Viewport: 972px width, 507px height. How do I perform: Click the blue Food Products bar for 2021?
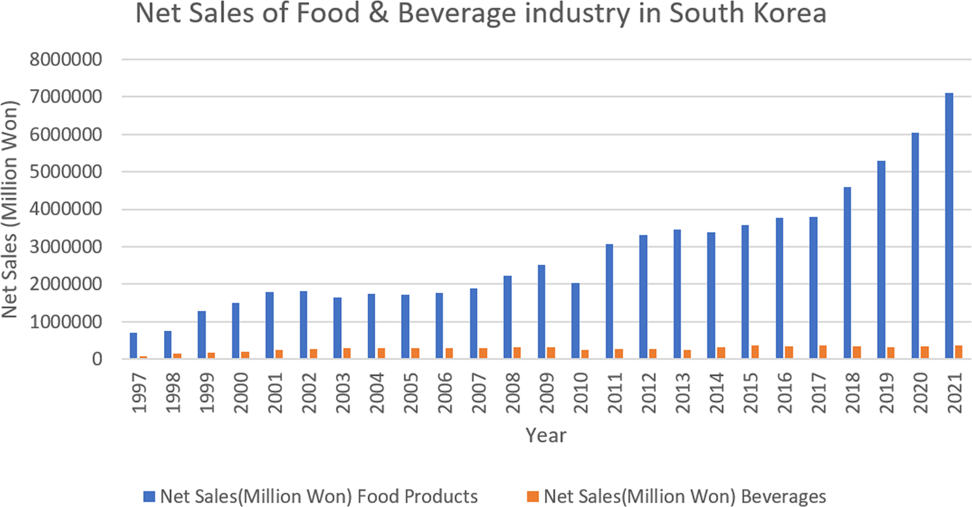(x=949, y=226)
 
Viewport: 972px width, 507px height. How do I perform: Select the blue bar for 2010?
(x=576, y=321)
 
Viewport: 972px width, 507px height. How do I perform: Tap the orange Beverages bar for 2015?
(x=755, y=351)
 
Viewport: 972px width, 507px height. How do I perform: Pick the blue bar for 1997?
(x=133, y=346)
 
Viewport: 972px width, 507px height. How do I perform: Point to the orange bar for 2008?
(x=517, y=353)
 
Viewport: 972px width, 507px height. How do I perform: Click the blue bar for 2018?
(x=848, y=273)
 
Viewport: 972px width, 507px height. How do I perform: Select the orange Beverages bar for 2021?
(x=958, y=351)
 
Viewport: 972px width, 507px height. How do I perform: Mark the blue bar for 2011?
(x=609, y=301)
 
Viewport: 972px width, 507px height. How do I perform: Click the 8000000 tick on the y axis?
(x=66, y=59)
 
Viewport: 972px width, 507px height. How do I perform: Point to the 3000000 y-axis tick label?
(x=66, y=247)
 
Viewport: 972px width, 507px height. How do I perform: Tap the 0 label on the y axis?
(x=97, y=359)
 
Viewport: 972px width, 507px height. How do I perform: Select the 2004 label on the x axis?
(x=377, y=393)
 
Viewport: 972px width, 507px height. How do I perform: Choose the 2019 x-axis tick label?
(x=886, y=393)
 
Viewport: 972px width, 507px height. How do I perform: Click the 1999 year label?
(x=207, y=393)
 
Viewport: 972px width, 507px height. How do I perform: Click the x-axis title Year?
(x=546, y=435)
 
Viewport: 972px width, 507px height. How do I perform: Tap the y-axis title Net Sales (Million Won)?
(x=10, y=209)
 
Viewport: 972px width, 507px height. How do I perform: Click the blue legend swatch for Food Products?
(x=149, y=497)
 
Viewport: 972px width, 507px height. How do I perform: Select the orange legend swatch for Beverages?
(x=533, y=497)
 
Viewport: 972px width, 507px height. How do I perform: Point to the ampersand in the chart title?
(x=379, y=13)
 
